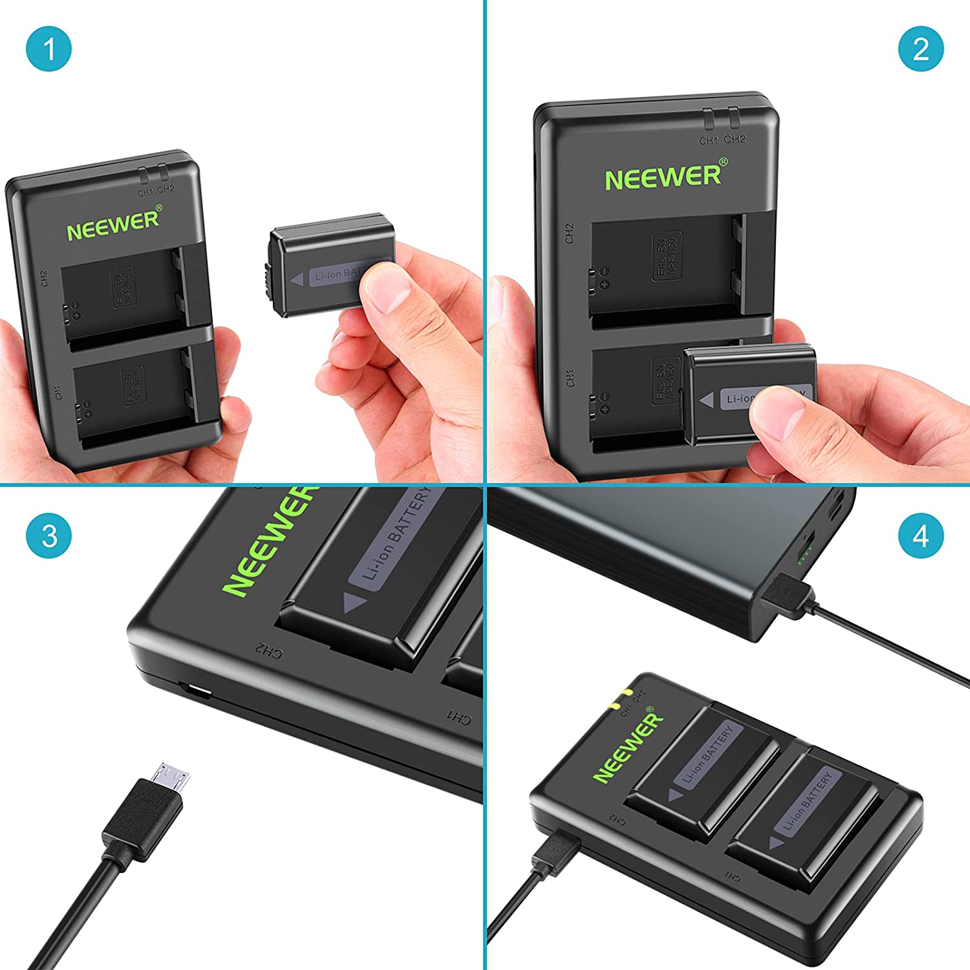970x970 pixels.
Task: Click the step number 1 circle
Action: click(48, 49)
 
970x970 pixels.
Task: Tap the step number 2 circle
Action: click(921, 49)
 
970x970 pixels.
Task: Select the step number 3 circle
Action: click(48, 536)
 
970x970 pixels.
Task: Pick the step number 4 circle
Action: click(921, 536)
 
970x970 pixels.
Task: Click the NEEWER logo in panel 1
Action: click(114, 223)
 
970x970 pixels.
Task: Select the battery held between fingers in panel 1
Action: click(330, 265)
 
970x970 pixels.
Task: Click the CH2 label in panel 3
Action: click(267, 651)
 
